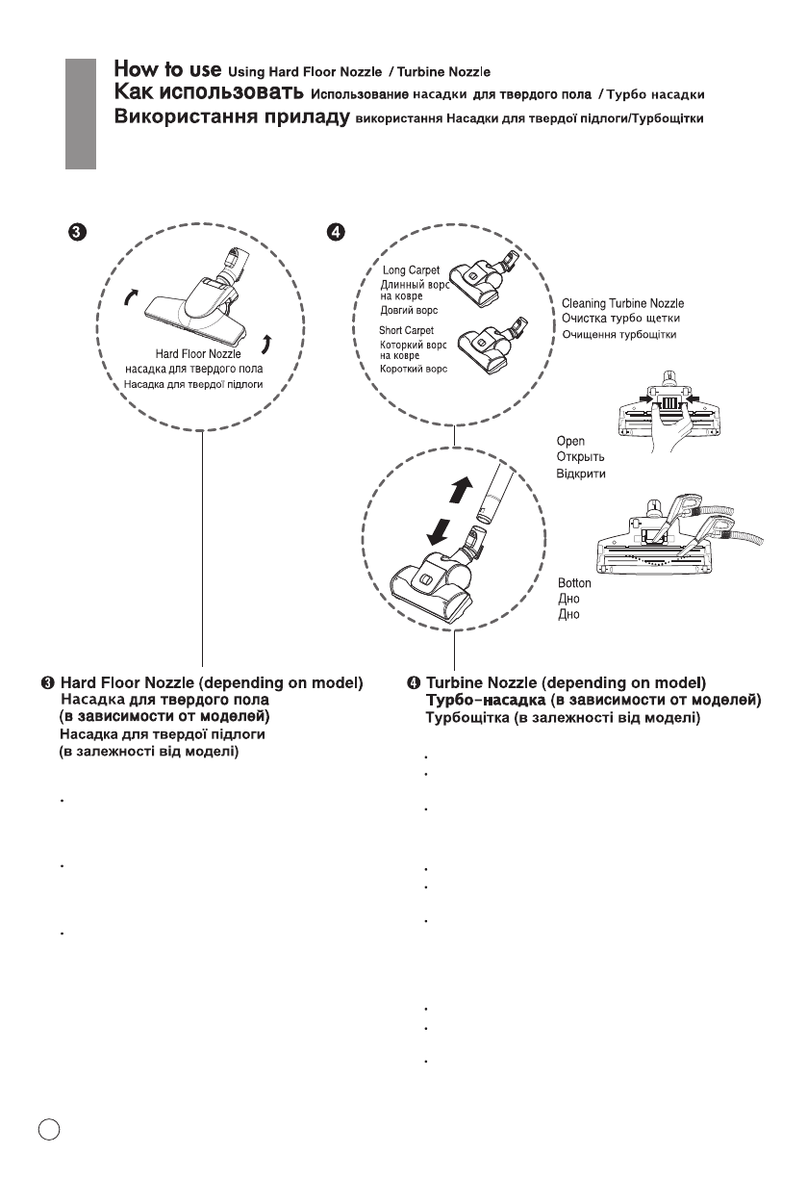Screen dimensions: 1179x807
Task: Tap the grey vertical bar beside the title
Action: (81, 114)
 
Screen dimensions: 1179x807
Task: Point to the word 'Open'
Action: (571, 442)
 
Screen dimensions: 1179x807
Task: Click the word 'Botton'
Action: (575, 583)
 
